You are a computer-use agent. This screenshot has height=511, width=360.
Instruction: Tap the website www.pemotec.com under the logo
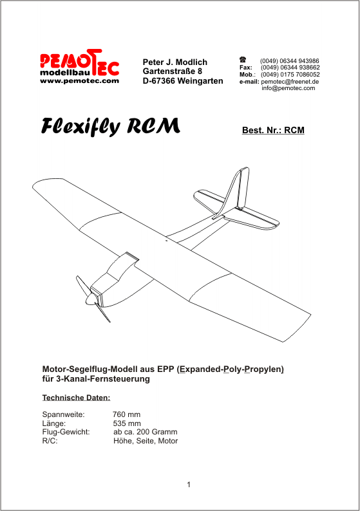tap(80, 81)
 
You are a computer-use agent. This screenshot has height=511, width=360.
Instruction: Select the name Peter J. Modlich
tap(175, 62)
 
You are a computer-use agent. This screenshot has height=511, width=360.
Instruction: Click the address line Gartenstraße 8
tap(172, 71)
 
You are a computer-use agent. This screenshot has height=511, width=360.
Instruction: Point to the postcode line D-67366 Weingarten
tap(183, 81)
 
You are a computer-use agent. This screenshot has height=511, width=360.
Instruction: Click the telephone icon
tap(243, 60)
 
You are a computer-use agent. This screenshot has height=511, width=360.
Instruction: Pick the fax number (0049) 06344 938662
tap(290, 68)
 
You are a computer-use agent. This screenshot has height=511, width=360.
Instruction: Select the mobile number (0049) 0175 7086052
tap(290, 74)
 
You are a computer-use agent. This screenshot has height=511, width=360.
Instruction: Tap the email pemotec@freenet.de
tap(290, 82)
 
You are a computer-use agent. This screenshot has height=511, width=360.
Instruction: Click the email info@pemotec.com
tap(289, 88)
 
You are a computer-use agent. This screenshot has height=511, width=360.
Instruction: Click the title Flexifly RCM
tap(111, 126)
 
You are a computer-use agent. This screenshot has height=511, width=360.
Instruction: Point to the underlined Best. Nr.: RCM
tap(273, 130)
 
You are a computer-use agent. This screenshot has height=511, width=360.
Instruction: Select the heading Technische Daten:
tap(76, 398)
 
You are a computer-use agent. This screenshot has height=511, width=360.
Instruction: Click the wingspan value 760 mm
tap(126, 414)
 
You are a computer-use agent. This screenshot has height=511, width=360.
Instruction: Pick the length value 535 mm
tap(127, 423)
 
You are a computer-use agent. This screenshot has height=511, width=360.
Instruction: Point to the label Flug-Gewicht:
tap(66, 432)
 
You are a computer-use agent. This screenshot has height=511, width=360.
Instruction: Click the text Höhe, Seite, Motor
tap(146, 441)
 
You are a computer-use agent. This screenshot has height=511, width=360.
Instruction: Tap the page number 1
tap(189, 485)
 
